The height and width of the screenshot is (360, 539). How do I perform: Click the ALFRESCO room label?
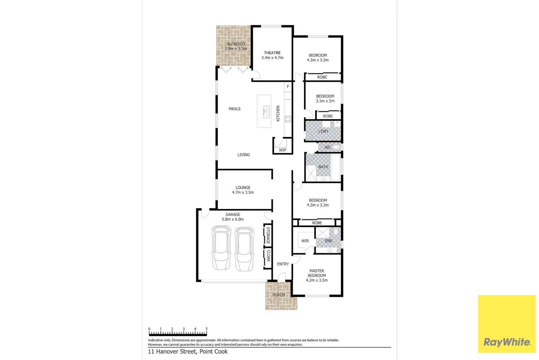click(236, 44)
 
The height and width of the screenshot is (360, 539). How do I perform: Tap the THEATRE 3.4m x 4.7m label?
click(272, 55)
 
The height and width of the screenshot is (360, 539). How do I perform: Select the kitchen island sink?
click(266, 112)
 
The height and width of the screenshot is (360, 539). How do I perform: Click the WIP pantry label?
click(282, 150)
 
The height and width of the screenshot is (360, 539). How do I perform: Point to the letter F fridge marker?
click(288, 87)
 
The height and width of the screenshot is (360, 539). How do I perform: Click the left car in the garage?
click(221, 248)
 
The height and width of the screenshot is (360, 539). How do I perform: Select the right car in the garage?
click(244, 249)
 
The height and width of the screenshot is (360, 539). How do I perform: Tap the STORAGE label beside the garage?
click(268, 235)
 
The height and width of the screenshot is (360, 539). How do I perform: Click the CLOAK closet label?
click(268, 256)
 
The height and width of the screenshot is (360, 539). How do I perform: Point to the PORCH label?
click(278, 295)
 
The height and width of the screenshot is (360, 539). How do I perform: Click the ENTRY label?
click(283, 264)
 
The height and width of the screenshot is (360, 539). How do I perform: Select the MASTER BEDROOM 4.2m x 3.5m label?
click(317, 276)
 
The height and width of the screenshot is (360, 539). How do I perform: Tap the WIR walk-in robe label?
click(305, 241)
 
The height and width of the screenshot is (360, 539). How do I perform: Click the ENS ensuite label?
click(328, 241)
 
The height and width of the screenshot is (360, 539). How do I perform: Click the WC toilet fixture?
click(336, 147)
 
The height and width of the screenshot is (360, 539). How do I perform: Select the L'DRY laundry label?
click(323, 131)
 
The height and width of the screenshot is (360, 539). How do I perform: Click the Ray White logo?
click(507, 342)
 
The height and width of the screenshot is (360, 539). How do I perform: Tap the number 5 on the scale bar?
click(207, 329)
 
